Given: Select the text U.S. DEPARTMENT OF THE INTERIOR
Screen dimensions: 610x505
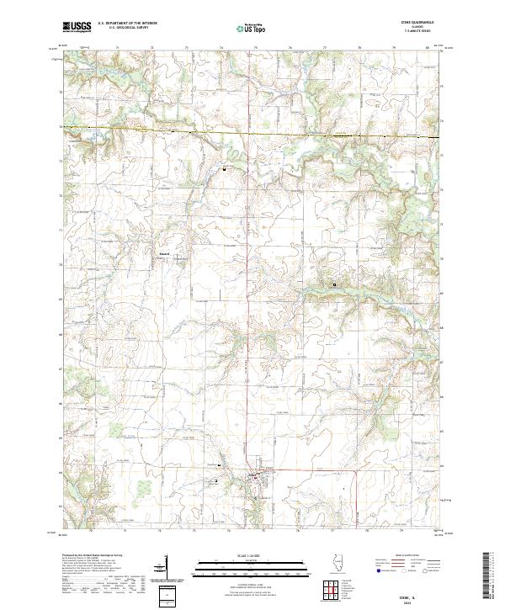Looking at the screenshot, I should (127, 23).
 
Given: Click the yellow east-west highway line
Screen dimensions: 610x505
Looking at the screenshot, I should (252, 132).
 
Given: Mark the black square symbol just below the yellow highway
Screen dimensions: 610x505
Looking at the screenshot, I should (225, 169).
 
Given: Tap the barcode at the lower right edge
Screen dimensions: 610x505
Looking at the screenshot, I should (489, 576).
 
